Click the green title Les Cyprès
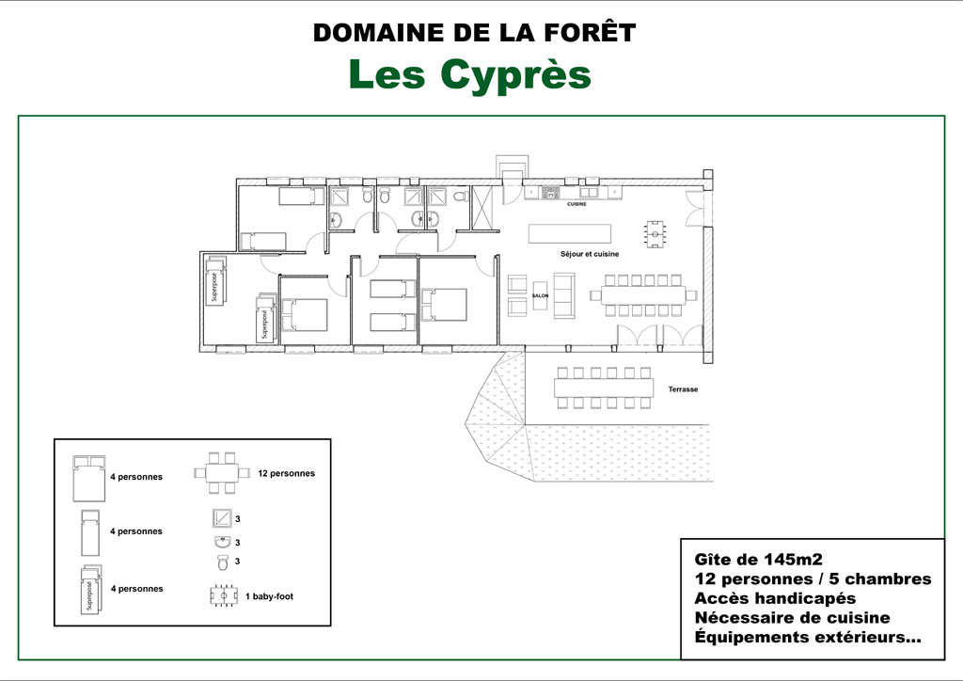point(470,75)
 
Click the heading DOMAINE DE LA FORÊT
point(474,33)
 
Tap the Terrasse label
point(683,389)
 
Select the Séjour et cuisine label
point(590,254)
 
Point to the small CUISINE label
point(576,204)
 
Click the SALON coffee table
point(540,295)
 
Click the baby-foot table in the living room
point(655,234)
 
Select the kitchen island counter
point(569,233)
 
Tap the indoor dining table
point(643,295)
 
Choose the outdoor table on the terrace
point(604,388)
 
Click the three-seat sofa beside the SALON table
point(564,295)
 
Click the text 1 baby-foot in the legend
point(269,596)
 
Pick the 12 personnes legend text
point(286,473)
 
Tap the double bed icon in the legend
point(89,479)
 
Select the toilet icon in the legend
point(222,562)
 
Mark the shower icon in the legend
point(222,518)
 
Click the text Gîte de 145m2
point(759,560)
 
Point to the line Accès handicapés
point(775,598)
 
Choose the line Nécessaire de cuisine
point(792,618)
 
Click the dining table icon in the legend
point(222,473)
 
